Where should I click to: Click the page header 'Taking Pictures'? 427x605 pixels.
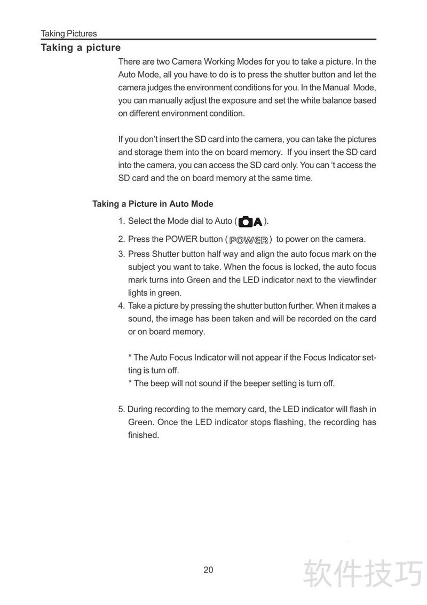(69, 34)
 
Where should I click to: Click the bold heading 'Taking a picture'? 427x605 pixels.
(81, 48)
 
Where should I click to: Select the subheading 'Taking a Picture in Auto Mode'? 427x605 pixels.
(153, 204)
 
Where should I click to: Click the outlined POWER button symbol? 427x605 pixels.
(248, 239)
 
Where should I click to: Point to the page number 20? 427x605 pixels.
(208, 570)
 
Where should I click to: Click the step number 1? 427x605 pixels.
(121, 221)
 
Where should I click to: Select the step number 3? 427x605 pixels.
(121, 254)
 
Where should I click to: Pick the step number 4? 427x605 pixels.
(121, 306)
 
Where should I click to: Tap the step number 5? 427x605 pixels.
(121, 410)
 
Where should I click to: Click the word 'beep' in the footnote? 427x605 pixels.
(160, 383)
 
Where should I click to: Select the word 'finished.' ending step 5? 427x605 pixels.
(144, 435)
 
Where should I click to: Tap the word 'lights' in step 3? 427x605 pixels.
(138, 293)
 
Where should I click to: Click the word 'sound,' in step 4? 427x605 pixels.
(140, 319)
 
